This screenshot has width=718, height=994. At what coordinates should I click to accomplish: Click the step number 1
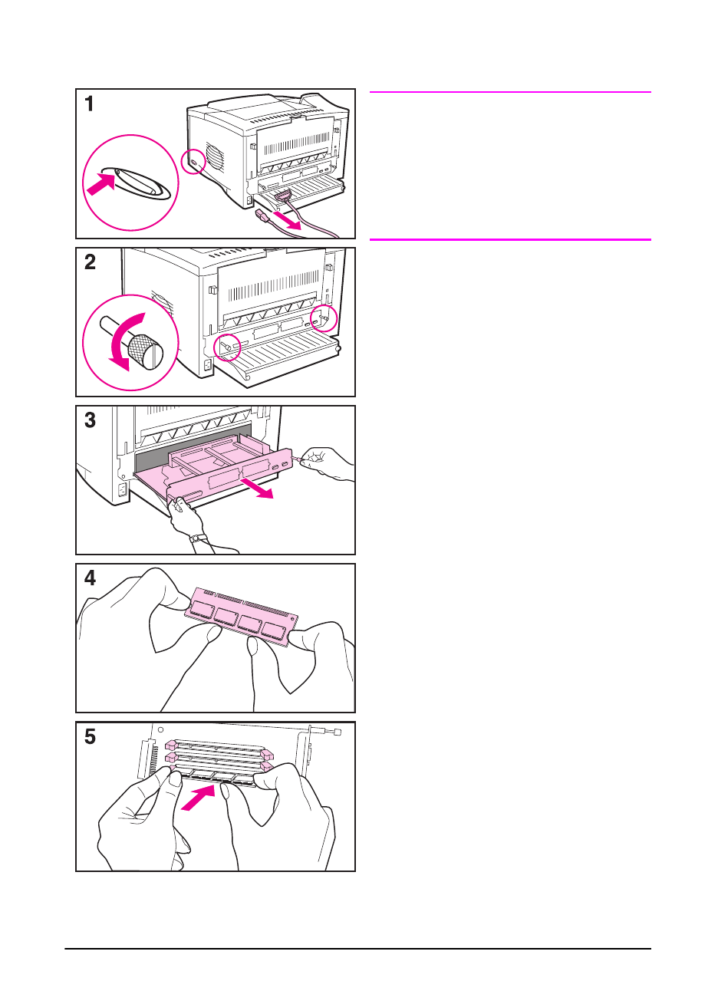tap(90, 104)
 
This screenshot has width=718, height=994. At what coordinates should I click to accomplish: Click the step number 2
tap(91, 262)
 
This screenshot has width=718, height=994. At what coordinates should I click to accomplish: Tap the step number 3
tap(91, 420)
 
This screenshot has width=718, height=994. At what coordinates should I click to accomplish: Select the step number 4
tap(91, 578)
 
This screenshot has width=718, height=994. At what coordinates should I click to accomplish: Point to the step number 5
tap(91, 737)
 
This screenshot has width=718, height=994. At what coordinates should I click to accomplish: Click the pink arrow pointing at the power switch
tap(100, 184)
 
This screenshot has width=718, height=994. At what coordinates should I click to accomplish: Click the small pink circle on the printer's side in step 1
tap(193, 161)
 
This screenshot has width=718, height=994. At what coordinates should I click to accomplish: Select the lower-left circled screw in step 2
tap(227, 347)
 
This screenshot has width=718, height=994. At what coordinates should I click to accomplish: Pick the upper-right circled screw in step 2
tap(323, 317)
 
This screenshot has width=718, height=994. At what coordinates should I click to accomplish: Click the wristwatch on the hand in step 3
tap(199, 538)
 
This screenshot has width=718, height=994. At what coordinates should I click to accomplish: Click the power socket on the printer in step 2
tap(208, 366)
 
